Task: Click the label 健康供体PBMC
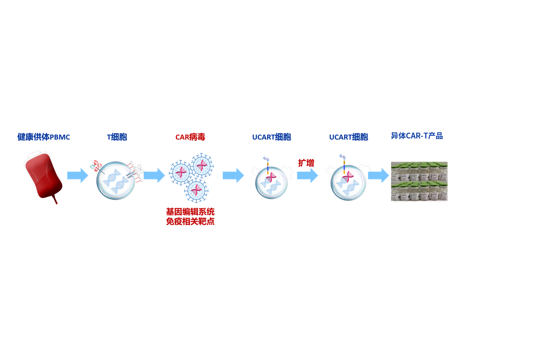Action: click(44, 137)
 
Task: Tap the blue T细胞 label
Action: click(117, 137)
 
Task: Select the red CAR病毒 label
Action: click(190, 137)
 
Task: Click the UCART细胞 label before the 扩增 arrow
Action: click(272, 137)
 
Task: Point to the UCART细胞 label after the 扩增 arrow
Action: click(348, 137)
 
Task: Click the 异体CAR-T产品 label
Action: click(417, 136)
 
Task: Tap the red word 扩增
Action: click(306, 163)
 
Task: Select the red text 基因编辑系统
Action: click(190, 212)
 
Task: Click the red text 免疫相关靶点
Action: click(190, 222)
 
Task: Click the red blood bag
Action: click(44, 176)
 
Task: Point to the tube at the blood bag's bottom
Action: click(55, 200)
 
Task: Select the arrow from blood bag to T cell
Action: click(78, 175)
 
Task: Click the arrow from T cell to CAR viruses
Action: click(154, 175)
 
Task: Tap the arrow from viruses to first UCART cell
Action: click(233, 175)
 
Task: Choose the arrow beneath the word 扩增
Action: click(308, 175)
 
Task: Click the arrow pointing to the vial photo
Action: click(379, 175)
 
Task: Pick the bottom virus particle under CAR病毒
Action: click(196, 190)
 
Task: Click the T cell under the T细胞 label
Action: click(116, 181)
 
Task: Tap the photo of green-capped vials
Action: click(419, 181)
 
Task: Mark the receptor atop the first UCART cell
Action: click(267, 165)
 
